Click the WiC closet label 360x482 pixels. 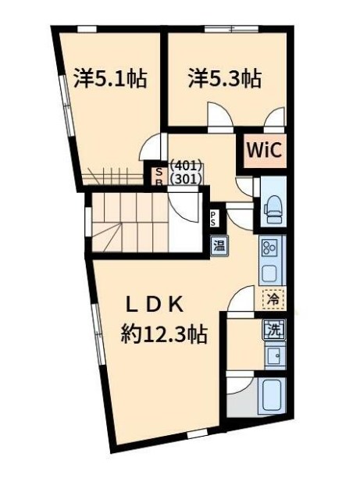tap(264, 150)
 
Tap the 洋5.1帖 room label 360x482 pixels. tap(110, 79)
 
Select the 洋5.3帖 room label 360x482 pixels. tap(225, 79)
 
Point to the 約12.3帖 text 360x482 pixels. tap(164, 334)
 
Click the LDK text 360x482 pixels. tap(155, 305)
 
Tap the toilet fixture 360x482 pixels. tap(273, 209)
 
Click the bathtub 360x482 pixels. tap(272, 397)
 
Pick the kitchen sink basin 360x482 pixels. tap(269, 272)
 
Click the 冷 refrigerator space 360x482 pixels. tap(273, 298)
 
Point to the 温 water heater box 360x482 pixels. tap(219, 245)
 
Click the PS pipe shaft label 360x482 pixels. tap(213, 218)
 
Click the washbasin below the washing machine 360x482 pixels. tap(274, 356)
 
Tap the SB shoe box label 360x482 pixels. tap(159, 177)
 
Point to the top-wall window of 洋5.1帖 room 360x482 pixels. tap(87, 29)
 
